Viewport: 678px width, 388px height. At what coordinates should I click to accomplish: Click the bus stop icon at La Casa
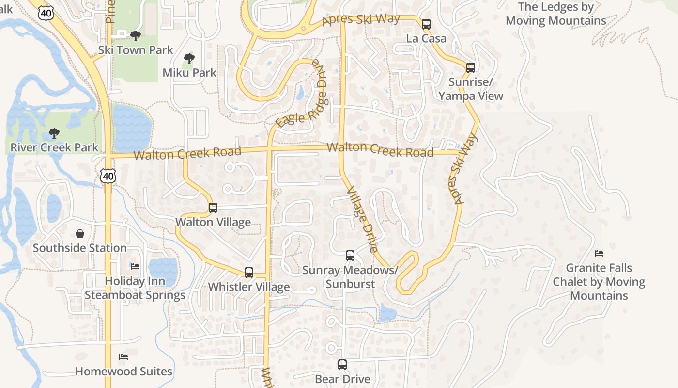tap(426, 24)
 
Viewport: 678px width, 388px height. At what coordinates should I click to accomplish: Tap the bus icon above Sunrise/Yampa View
tap(470, 67)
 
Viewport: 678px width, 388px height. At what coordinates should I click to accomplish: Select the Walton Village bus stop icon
tap(213, 208)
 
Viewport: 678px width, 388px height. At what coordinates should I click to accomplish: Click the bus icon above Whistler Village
tap(248, 272)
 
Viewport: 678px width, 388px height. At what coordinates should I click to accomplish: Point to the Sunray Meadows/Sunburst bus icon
tap(350, 255)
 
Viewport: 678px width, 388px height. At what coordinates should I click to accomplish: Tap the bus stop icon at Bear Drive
tap(342, 364)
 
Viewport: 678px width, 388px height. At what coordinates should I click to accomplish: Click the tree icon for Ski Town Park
tap(136, 35)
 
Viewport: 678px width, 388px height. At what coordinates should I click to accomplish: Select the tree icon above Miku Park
tap(189, 59)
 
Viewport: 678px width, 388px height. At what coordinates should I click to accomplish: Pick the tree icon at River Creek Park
tap(54, 133)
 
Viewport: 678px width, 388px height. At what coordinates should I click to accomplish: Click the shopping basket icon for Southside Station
tap(80, 234)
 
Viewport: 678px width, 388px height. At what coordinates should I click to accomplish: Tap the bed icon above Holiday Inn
tap(135, 267)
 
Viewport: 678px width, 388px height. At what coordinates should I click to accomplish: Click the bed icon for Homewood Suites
tap(123, 357)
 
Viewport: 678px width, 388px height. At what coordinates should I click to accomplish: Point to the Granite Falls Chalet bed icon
tap(599, 253)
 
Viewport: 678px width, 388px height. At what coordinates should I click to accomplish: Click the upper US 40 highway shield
tap(46, 13)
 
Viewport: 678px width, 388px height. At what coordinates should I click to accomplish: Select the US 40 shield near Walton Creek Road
tap(108, 177)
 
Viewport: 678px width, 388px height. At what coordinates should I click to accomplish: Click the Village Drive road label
tap(362, 220)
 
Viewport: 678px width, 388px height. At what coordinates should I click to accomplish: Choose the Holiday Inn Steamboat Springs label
tap(135, 288)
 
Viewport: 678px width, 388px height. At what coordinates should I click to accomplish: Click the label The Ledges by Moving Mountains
tap(555, 14)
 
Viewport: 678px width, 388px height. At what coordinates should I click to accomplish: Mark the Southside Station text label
tap(80, 248)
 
